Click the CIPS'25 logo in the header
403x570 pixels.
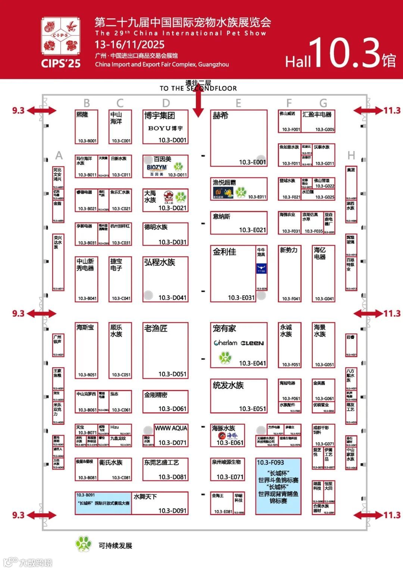60,42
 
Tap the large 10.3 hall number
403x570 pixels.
343,53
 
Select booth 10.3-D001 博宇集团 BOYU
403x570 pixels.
165,127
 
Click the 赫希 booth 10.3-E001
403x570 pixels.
239,138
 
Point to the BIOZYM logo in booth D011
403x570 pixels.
157,168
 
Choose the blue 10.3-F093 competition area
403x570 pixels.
278,486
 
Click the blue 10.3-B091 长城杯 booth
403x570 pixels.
103,502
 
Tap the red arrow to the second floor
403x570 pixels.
199,103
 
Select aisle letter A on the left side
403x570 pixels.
59,155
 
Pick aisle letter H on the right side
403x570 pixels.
351,155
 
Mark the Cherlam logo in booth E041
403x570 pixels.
225,343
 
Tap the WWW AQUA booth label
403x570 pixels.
171,429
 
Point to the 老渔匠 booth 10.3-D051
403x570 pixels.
165,350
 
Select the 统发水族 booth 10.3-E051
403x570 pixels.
239,396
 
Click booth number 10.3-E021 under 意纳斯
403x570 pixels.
253,230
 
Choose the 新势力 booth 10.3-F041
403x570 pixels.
290,273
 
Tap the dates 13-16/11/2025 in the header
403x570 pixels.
129,45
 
